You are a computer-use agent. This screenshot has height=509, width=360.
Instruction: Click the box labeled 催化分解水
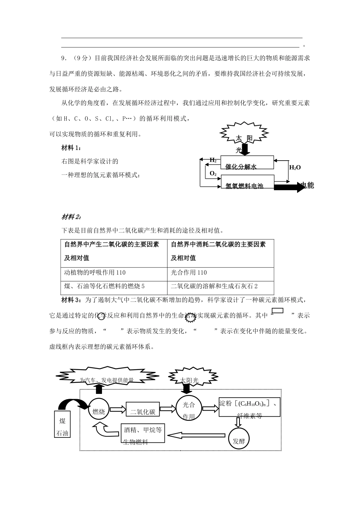pyautogui.click(x=247, y=162)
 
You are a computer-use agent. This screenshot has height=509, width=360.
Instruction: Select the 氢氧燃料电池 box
pyautogui.click(x=247, y=182)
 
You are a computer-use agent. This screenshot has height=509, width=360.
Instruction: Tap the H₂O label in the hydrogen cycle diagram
pyautogui.click(x=295, y=167)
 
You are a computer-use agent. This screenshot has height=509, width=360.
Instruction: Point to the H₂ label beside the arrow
pyautogui.click(x=213, y=160)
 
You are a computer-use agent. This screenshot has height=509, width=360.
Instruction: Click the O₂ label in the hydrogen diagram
pyautogui.click(x=213, y=174)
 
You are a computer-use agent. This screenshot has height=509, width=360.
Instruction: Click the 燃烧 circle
pyautogui.click(x=99, y=411)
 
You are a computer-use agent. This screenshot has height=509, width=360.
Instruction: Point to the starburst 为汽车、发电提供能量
pyautogui.click(x=106, y=378)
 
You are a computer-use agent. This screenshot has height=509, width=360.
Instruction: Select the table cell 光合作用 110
pyautogui.click(x=220, y=273)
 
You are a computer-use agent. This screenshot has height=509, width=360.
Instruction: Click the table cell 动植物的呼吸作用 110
pyautogui.click(x=114, y=273)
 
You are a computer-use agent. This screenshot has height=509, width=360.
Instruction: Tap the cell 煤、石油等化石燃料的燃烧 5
pyautogui.click(x=114, y=287)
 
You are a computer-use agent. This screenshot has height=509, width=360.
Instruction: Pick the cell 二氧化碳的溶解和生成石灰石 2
pyautogui.click(x=220, y=287)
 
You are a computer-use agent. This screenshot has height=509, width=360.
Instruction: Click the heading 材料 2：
pyautogui.click(x=71, y=217)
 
